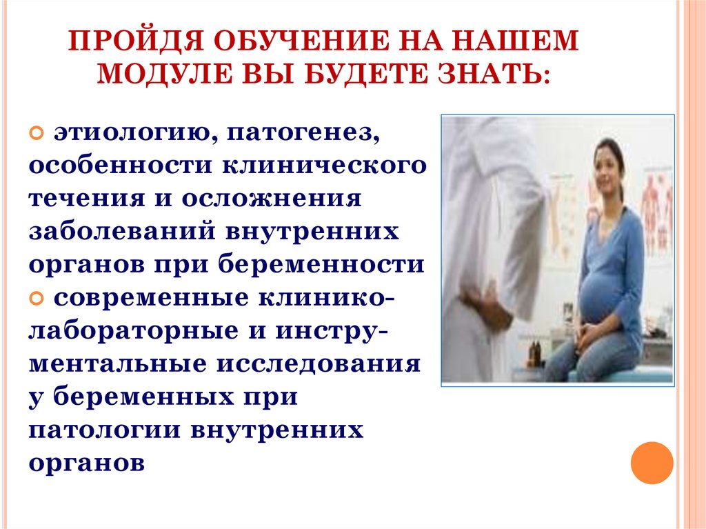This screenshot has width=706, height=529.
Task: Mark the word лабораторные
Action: [x=128, y=331]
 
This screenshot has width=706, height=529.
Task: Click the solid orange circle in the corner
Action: [x=652, y=462]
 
